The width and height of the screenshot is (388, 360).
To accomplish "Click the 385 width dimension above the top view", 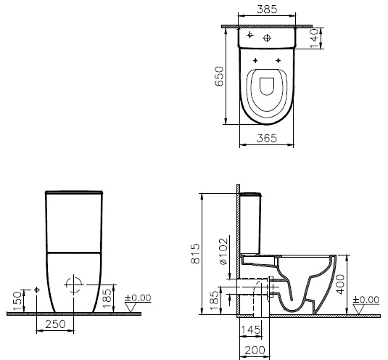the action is pyautogui.click(x=267, y=9).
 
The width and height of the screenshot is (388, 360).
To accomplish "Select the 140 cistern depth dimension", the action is pyautogui.click(x=314, y=38).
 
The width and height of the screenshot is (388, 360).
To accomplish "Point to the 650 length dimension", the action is pyautogui.click(x=219, y=76).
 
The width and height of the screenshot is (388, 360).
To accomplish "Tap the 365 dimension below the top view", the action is pyautogui.click(x=267, y=138).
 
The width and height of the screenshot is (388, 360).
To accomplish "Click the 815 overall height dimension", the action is pyautogui.click(x=196, y=254).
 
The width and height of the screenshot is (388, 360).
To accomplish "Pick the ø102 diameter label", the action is pyautogui.click(x=223, y=251).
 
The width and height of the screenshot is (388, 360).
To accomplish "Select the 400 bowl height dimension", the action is pyautogui.click(x=341, y=285).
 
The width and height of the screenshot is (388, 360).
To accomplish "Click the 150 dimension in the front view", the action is pyautogui.click(x=17, y=301).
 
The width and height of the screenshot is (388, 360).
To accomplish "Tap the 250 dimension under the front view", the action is pyautogui.click(x=55, y=324).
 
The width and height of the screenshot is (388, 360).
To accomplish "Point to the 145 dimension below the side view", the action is pyautogui.click(x=250, y=330).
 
